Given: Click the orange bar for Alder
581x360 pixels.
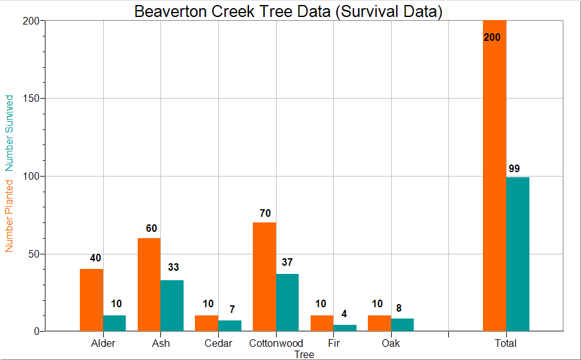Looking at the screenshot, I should tap(91, 300).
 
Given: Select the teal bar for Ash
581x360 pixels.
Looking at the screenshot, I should tap(172, 305).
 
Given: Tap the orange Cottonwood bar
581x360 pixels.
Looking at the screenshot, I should tap(264, 276).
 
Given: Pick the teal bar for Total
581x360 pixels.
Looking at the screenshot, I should tap(517, 254).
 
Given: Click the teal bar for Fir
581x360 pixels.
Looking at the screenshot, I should tap(345, 328).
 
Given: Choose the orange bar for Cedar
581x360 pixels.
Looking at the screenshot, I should tap(206, 323).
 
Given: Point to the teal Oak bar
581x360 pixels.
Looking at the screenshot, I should tap(402, 325).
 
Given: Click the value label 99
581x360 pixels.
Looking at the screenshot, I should tap(514, 168).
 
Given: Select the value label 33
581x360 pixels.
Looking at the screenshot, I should tap(174, 268).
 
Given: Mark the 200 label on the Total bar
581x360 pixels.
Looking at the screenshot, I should tap(492, 38).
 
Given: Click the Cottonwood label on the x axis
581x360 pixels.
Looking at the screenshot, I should tap(276, 343).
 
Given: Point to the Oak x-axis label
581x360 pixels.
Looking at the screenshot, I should tap(390, 343).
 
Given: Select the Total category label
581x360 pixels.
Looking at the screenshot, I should tap(506, 343).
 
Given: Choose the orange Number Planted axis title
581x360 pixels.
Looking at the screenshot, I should tap(9, 215).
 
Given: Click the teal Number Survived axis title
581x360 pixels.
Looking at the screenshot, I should tap(9, 133).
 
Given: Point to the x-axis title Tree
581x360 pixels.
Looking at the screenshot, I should tap(304, 354).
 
